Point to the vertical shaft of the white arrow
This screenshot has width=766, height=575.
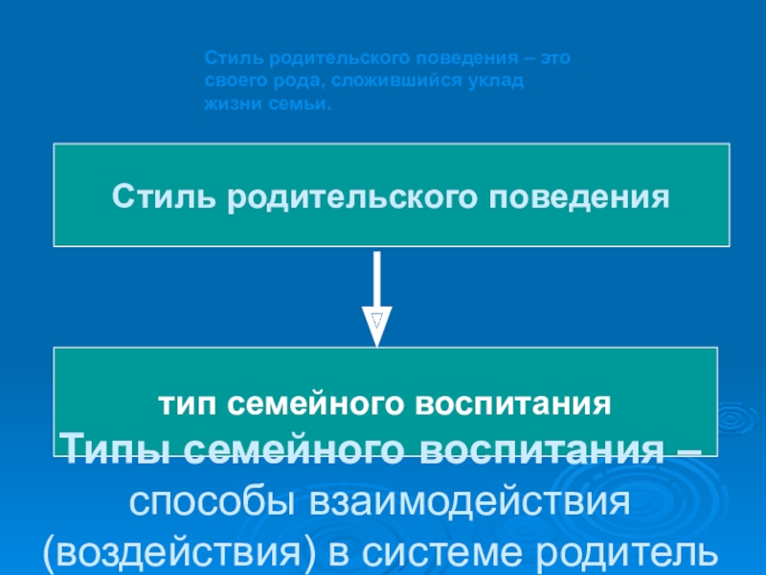(x=378, y=278)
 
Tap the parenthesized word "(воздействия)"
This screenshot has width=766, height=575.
(x=204, y=552)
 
